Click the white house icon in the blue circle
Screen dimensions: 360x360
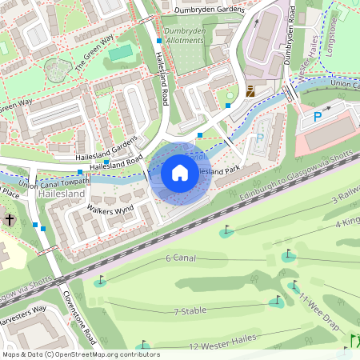coord(180,173)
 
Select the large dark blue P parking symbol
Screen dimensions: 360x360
coord(318,117)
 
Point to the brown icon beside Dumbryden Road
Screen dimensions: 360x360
coord(250,91)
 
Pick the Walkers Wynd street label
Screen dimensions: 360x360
coord(108,211)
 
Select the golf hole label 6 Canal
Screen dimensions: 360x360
coord(182,258)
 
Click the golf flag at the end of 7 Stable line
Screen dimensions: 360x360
coord(278,302)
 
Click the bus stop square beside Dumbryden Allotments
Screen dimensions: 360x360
coord(159,40)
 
